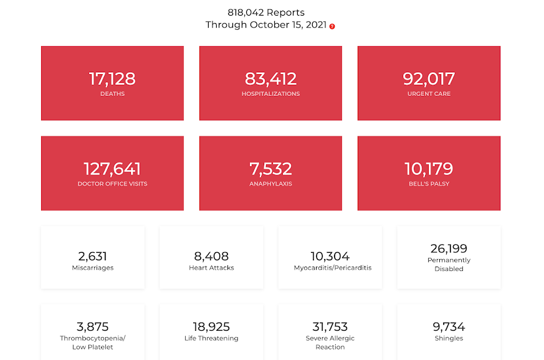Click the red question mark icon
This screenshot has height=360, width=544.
[332, 26]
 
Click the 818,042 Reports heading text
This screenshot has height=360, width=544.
[266, 12]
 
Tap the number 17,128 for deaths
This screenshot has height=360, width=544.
[112, 78]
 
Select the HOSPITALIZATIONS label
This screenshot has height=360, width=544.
[270, 93]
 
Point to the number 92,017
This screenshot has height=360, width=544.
[429, 78]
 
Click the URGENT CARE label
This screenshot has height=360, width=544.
[429, 93]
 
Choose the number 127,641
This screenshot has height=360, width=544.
[112, 169]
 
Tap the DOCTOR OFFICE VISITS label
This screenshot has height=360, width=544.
[112, 184]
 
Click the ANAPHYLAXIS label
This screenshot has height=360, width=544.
[270, 184]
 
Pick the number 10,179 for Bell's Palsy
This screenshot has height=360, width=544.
[429, 169]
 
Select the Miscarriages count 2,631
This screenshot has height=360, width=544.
[93, 257]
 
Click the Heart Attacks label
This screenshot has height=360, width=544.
[211, 268]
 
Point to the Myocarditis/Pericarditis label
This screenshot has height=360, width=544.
[333, 268]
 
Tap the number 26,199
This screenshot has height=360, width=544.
[449, 249]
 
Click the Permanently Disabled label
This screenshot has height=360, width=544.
[449, 264]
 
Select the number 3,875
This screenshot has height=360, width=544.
[93, 327]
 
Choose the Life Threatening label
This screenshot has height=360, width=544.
[211, 338]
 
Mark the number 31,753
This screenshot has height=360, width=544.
[330, 327]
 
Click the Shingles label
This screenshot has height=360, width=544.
[449, 338]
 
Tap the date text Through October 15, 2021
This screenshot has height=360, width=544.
[266, 25]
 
